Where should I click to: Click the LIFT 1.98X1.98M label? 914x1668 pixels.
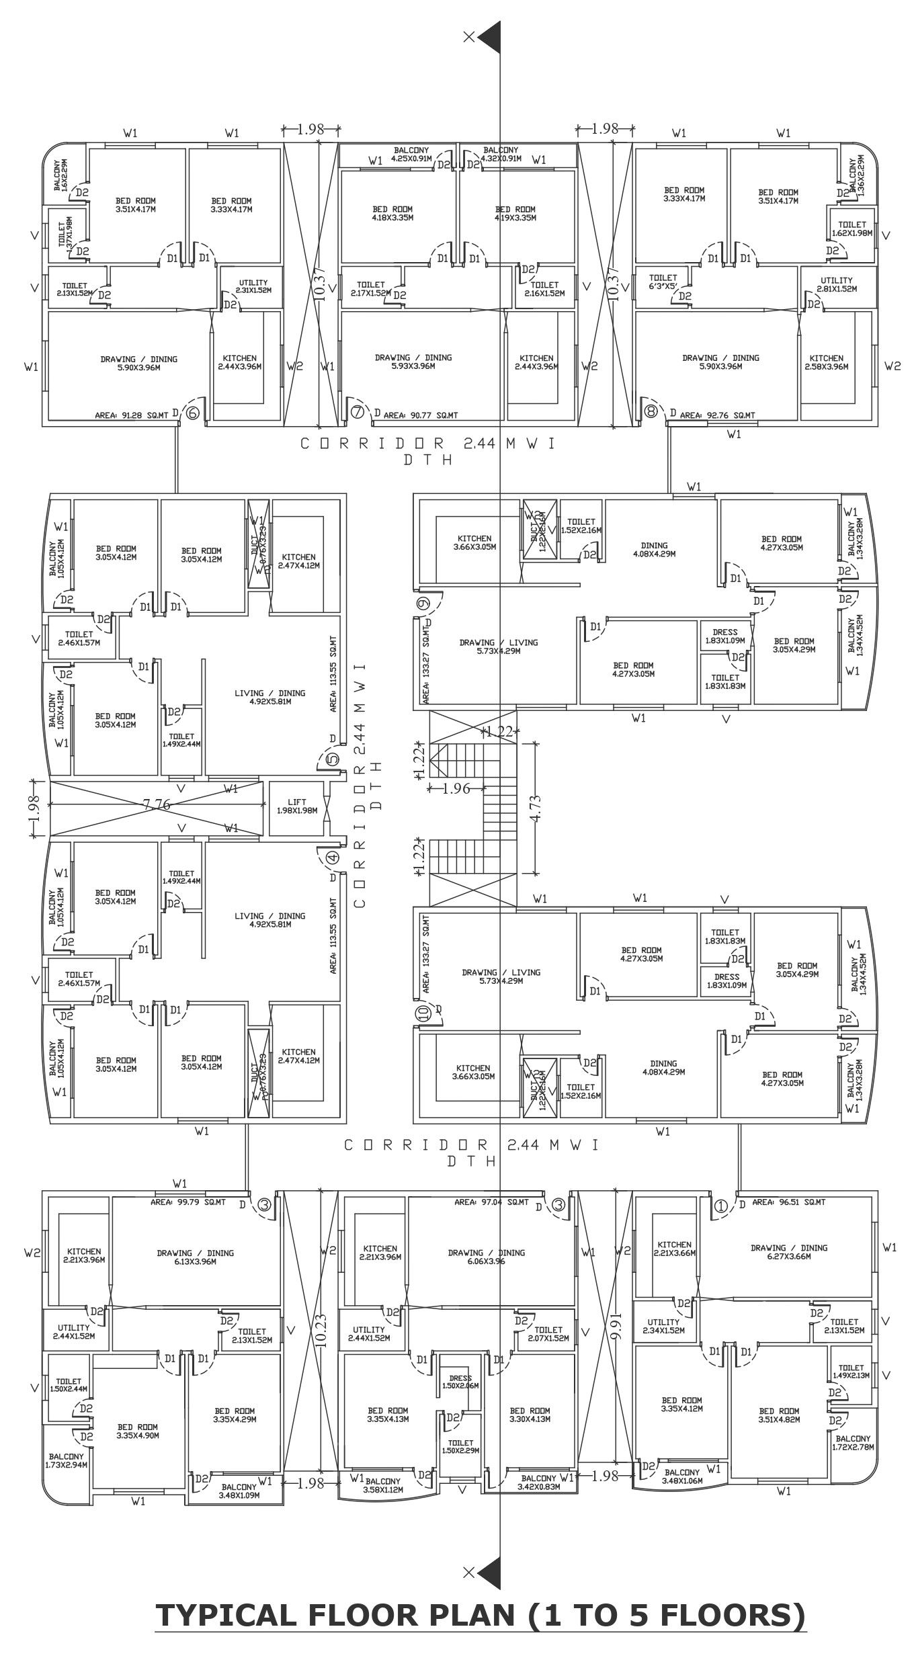[x=296, y=806]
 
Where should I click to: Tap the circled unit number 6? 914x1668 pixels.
[x=192, y=413]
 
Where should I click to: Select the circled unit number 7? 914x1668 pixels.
[x=358, y=412]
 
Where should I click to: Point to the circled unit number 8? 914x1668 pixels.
[x=651, y=412]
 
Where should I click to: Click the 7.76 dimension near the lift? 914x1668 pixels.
[x=156, y=804]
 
